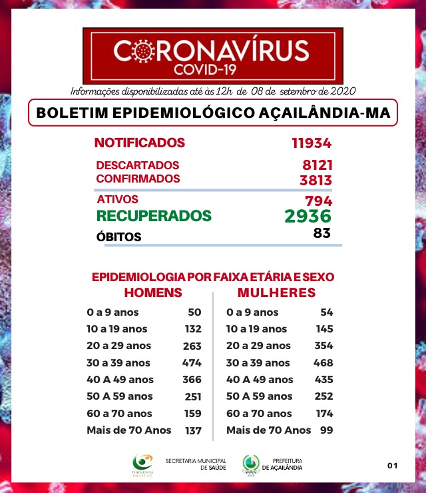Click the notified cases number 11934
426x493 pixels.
click(x=311, y=143)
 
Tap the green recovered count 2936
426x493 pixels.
click(x=308, y=216)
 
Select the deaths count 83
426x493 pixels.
click(x=322, y=233)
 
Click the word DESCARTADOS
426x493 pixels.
click(x=138, y=165)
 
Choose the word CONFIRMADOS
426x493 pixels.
click(x=138, y=179)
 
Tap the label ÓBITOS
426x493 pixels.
click(x=119, y=237)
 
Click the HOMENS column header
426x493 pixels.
click(x=153, y=292)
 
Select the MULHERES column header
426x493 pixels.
click(x=276, y=292)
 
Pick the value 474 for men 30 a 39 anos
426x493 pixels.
click(x=192, y=363)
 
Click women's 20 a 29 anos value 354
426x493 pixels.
click(x=323, y=346)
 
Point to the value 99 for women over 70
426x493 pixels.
click(x=326, y=430)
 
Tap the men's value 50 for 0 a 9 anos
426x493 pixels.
click(x=194, y=312)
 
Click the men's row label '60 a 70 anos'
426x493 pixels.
click(x=118, y=414)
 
